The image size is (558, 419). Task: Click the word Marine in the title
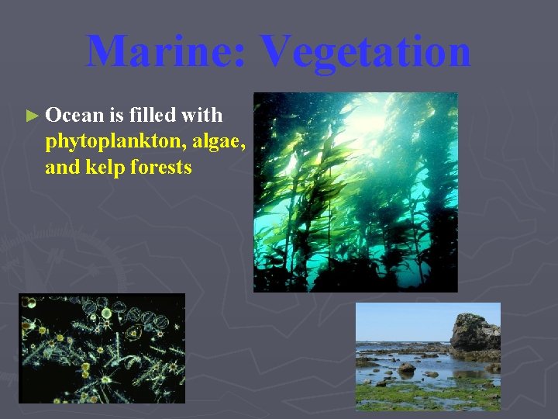click(x=164, y=51)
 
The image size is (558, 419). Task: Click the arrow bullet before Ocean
click(x=32, y=116)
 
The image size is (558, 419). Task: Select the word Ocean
click(x=74, y=116)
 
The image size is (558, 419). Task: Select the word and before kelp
click(x=59, y=167)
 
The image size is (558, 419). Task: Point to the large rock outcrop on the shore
click(x=474, y=332)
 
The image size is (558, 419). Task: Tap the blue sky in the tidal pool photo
click(x=403, y=318)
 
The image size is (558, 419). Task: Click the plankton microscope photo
click(x=102, y=348)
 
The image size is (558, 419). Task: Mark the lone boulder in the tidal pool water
click(x=406, y=367)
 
